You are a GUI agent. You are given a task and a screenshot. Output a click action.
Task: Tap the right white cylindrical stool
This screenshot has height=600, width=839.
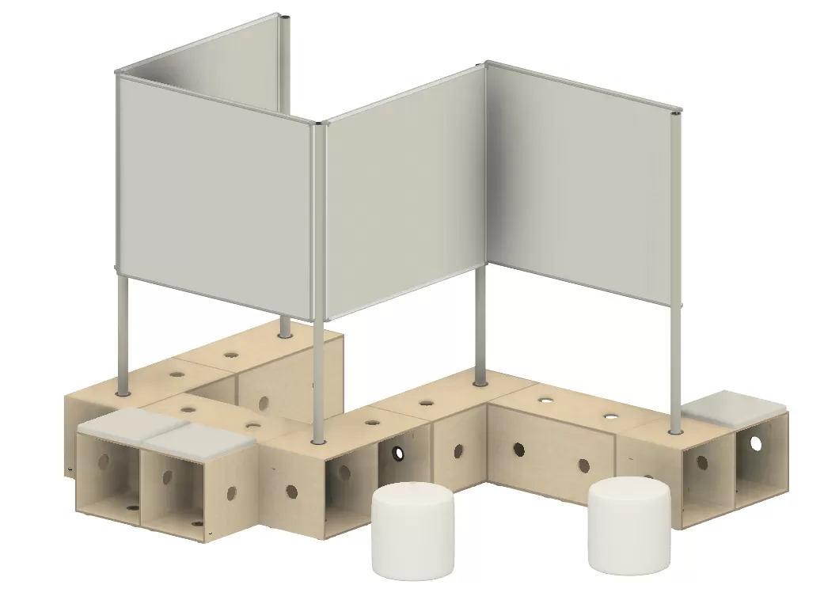(x=629, y=526)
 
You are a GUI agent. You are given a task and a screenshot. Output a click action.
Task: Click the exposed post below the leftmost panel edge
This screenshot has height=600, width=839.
(x=123, y=332)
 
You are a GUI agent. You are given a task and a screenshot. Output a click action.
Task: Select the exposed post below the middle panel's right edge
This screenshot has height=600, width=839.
(x=480, y=325)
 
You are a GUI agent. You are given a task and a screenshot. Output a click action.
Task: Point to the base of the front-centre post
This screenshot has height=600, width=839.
(x=318, y=439)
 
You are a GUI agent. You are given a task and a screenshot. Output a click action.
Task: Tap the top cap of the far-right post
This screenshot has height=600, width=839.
(x=677, y=108)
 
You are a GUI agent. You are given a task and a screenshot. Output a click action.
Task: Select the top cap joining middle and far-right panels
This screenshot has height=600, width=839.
(x=485, y=63)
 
